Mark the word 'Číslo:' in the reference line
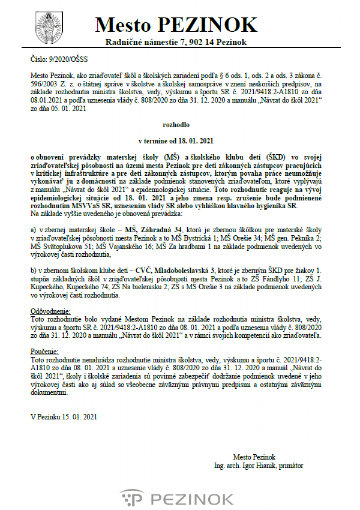click(x=38, y=60)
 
